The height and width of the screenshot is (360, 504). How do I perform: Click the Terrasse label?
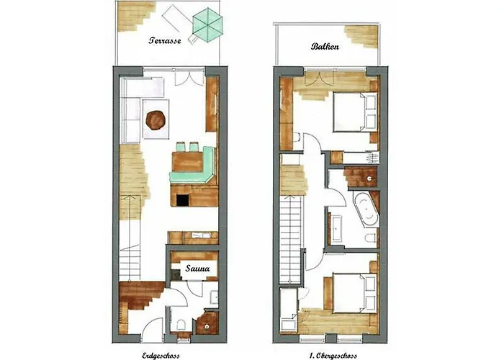point(165,40)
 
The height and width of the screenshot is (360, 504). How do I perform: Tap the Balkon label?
point(325,46)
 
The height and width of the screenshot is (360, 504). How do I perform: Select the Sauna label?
point(198,268)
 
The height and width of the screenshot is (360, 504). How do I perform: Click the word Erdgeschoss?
point(161,356)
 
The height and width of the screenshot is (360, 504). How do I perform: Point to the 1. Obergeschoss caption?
point(333,356)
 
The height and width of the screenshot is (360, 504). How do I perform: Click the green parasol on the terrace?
point(207,24)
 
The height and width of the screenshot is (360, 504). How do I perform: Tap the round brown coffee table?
point(156,120)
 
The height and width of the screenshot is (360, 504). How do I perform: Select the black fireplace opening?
point(183,200)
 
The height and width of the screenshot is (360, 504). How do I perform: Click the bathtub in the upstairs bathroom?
point(366,210)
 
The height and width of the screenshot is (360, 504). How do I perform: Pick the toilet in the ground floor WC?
point(181,325)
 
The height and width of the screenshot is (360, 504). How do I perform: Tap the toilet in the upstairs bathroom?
point(371,238)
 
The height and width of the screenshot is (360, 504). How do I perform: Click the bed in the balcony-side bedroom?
point(354,112)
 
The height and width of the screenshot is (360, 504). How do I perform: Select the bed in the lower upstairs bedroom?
point(354,292)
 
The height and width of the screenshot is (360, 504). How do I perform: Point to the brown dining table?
point(187,162)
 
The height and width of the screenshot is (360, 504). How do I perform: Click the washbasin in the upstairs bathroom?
point(337,228)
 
